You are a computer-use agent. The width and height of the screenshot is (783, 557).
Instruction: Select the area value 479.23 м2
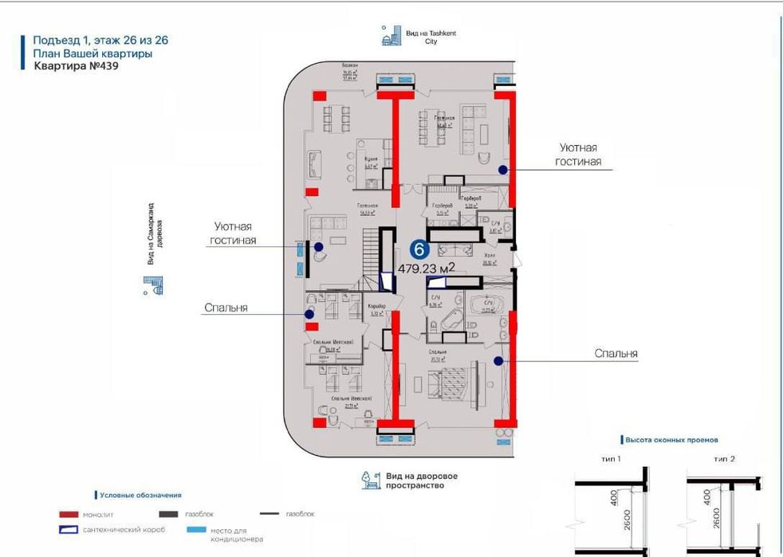click(x=427, y=269)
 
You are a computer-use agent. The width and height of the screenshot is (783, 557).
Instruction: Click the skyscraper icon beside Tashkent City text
click(x=391, y=35)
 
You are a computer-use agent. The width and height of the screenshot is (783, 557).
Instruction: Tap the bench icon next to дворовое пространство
click(x=371, y=480)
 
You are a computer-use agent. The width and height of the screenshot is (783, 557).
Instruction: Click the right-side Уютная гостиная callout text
click(x=578, y=155)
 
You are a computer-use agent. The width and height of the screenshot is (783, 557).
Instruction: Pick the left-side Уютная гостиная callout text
click(x=234, y=233)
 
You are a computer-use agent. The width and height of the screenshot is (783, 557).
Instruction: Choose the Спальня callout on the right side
click(x=616, y=354)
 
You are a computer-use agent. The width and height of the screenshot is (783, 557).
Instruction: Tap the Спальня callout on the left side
click(x=226, y=307)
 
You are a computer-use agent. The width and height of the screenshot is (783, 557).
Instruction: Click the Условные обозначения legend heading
click(x=141, y=495)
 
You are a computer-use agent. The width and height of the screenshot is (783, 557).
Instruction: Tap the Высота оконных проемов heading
click(x=671, y=439)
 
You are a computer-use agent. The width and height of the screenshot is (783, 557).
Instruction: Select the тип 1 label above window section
click(x=611, y=460)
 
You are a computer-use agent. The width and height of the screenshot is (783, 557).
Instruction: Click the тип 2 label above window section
click(x=724, y=460)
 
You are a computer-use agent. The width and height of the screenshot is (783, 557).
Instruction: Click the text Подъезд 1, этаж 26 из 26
click(x=100, y=40)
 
